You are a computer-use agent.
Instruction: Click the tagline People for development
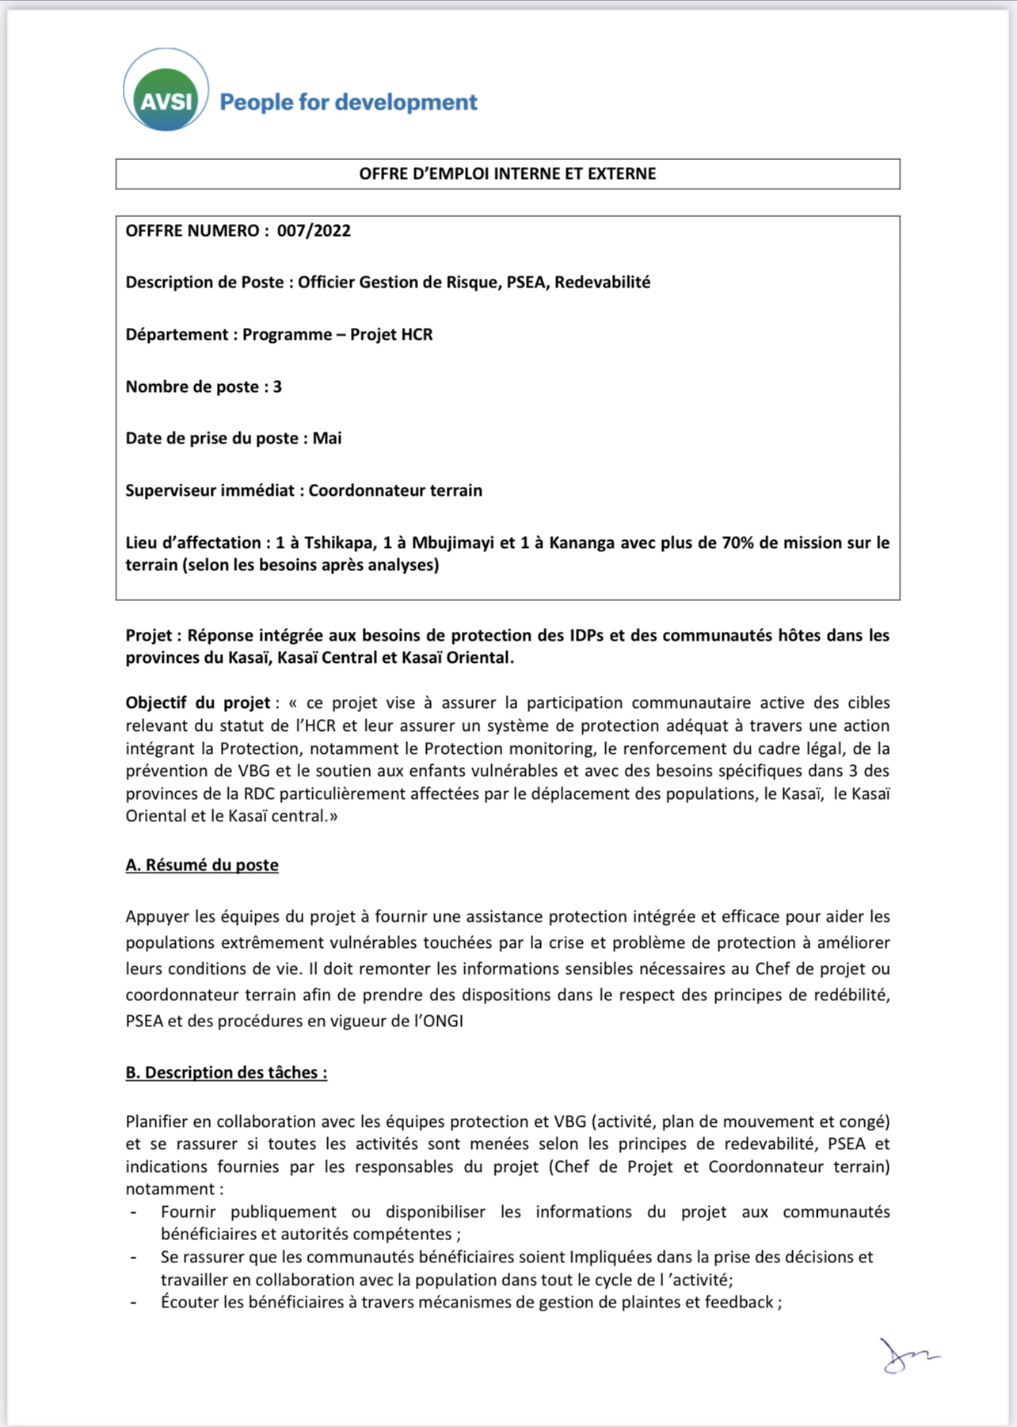(x=348, y=102)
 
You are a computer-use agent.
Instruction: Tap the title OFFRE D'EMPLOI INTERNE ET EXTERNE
(x=508, y=174)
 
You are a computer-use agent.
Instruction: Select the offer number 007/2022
(x=314, y=231)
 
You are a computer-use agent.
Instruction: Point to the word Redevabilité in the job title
(x=602, y=283)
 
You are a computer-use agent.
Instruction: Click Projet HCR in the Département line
(x=391, y=335)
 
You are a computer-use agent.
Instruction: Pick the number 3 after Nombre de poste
(x=277, y=387)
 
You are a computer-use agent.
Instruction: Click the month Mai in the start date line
(x=327, y=439)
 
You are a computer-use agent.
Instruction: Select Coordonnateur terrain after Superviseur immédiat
(x=395, y=491)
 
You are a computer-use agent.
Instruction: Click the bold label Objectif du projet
(x=198, y=703)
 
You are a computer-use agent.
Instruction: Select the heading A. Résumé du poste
(x=202, y=866)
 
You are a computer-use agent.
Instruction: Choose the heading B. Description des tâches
(x=226, y=1073)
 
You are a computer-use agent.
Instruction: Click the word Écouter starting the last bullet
(x=191, y=1303)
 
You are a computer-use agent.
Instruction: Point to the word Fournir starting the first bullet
(x=188, y=1212)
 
